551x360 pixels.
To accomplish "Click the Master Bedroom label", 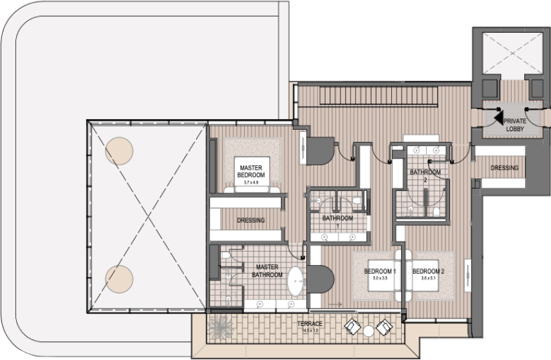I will point(251,171).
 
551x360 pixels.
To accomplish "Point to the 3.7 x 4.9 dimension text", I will point(251,182).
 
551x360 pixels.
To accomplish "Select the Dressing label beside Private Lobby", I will point(504,168).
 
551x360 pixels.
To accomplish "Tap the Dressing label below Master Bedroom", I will point(251,220).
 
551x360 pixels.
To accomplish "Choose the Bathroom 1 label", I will point(337,219).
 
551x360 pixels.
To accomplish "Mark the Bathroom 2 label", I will point(425,175).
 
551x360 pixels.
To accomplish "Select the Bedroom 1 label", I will point(380,271).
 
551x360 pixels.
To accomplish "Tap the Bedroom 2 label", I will point(429,271).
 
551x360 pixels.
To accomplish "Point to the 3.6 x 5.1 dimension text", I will point(429,280).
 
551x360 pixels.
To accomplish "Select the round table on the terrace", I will point(368,330).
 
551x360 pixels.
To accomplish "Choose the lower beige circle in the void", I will point(118,276).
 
